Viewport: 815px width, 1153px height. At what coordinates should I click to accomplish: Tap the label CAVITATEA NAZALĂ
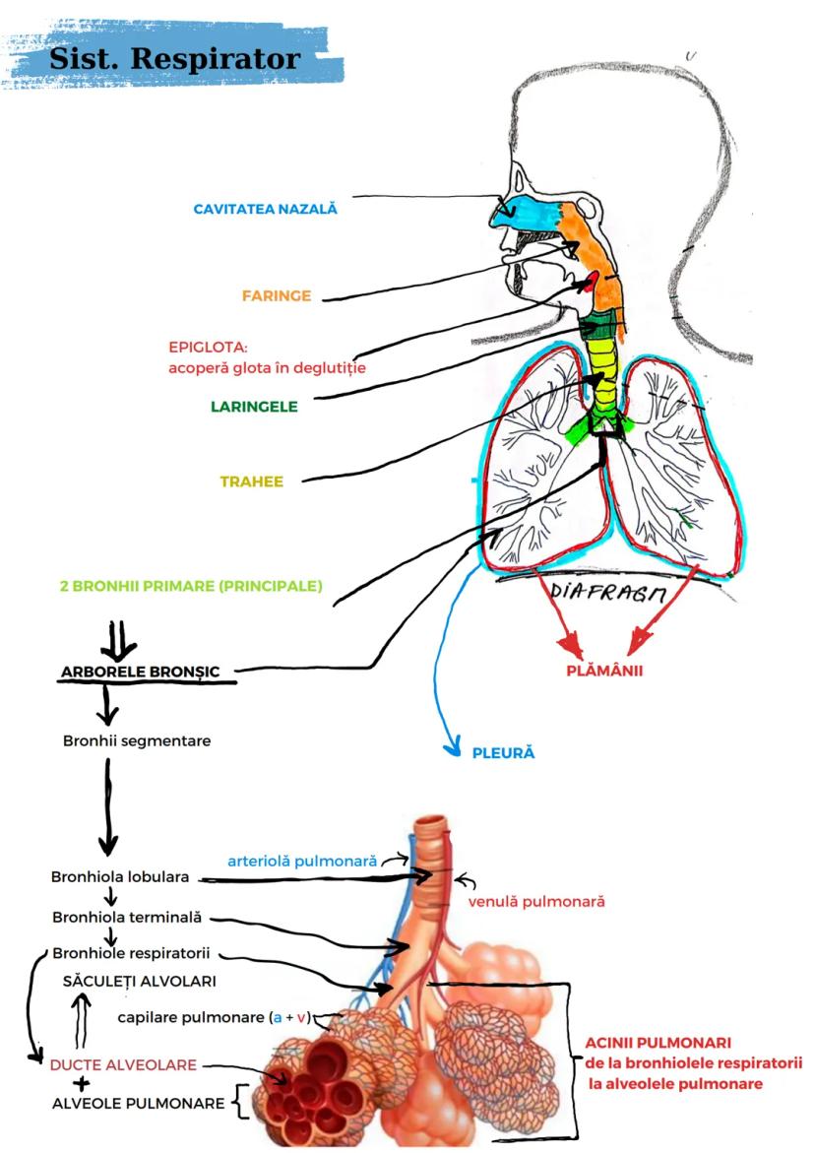tap(265, 209)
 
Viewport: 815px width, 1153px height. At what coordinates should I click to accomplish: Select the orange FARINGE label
tap(277, 295)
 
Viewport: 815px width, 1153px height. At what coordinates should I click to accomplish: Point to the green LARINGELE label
tap(254, 406)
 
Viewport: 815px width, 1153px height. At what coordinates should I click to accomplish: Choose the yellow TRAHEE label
tap(251, 481)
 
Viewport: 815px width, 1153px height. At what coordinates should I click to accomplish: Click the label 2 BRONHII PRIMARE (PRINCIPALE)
tap(190, 586)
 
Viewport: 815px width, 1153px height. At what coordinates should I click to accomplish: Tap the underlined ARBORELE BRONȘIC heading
tap(147, 673)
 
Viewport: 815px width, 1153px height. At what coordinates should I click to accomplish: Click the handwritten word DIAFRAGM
tap(607, 594)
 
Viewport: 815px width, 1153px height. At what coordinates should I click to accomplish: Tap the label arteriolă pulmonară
tap(302, 861)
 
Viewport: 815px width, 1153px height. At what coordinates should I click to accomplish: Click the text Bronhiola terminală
tap(127, 917)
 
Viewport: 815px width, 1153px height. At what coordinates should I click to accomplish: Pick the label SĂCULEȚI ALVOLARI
tap(140, 982)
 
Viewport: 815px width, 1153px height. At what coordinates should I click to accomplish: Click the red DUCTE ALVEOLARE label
tap(123, 1064)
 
